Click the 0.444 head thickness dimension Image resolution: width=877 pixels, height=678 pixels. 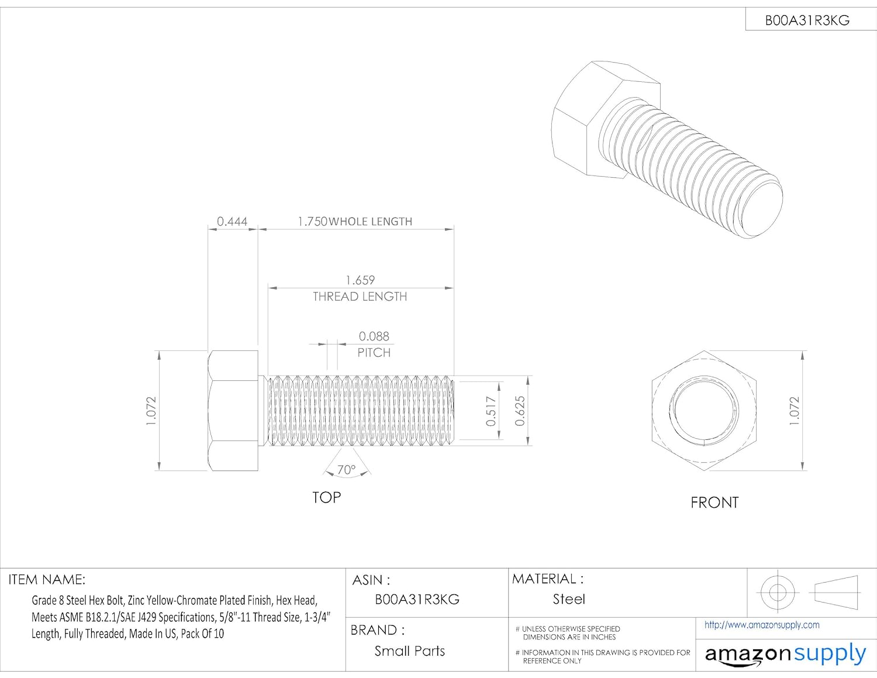point(232,222)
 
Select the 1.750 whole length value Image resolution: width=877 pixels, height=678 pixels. point(312,222)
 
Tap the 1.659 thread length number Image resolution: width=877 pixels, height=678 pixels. point(360,280)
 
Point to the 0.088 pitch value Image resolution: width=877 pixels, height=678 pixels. point(374,336)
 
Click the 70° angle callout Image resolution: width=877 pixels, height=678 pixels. point(346,470)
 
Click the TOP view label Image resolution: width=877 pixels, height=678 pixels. point(326,497)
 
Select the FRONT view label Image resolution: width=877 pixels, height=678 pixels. point(714,503)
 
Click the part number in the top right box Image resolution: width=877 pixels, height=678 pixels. point(807,20)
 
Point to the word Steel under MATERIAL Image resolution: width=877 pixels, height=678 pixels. point(569,599)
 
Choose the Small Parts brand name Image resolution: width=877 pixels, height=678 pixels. point(409,651)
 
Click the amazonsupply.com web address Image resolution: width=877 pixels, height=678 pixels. point(762,625)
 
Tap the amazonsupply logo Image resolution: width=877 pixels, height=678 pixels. point(785,653)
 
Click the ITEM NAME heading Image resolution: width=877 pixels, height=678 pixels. point(47,580)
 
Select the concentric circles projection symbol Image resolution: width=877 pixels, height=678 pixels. point(777,592)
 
